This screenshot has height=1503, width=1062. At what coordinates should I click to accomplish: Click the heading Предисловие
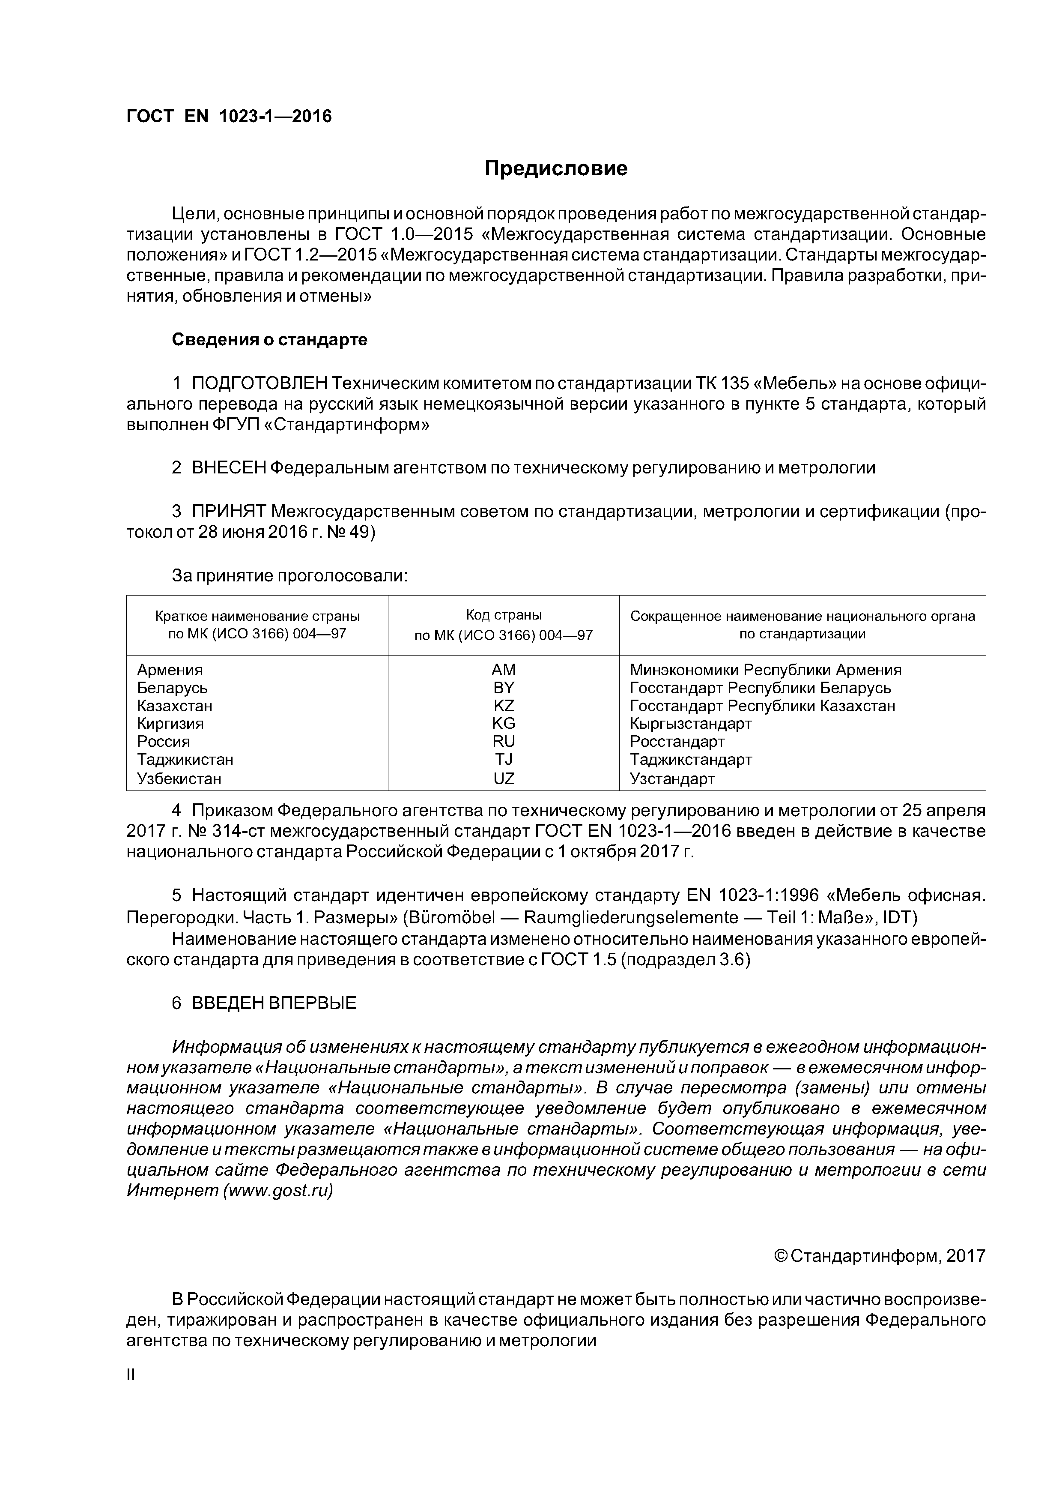tap(555, 169)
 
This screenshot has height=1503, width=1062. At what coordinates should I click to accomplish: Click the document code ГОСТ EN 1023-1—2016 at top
tap(229, 117)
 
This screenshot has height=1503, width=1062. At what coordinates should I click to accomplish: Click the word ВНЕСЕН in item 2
tap(229, 468)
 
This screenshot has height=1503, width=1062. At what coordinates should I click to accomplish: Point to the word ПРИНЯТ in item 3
tap(229, 511)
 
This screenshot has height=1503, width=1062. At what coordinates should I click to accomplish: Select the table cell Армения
tap(170, 670)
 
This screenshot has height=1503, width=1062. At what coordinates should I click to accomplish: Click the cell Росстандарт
tap(677, 742)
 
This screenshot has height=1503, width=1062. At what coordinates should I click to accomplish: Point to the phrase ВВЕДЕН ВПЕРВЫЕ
tap(274, 1003)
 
